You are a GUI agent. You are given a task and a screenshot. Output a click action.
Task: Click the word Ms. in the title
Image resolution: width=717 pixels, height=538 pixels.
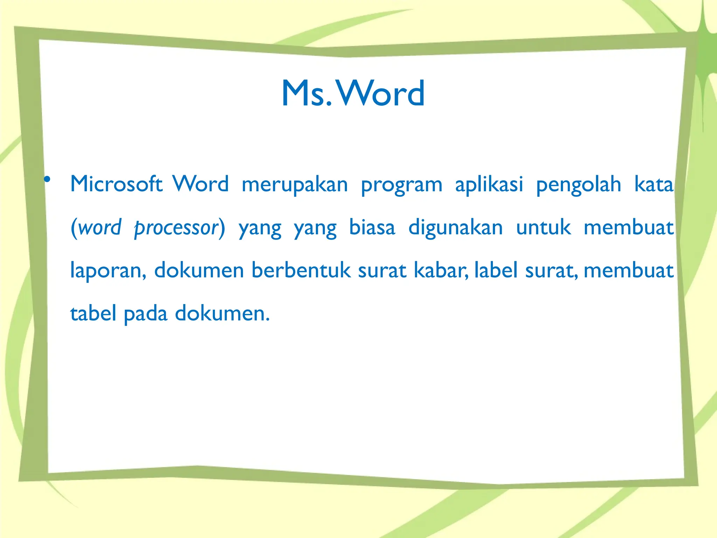click(307, 93)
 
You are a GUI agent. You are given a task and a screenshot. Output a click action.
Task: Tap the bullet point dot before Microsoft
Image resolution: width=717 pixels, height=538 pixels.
click(47, 180)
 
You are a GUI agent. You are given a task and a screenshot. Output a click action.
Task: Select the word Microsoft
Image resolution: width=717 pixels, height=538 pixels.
click(116, 184)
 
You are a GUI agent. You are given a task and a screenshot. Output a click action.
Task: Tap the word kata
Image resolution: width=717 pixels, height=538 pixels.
click(654, 184)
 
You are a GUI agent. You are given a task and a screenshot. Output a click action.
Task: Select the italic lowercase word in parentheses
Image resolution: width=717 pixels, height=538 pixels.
click(100, 228)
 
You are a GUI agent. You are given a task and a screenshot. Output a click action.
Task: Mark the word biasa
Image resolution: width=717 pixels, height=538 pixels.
click(372, 227)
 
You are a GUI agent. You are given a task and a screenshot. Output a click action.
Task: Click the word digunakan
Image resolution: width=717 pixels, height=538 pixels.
click(455, 228)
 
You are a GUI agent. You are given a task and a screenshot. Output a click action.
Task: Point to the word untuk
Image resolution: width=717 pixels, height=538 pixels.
click(543, 227)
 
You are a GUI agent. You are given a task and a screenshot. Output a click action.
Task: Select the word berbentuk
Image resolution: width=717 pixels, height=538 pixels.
click(301, 270)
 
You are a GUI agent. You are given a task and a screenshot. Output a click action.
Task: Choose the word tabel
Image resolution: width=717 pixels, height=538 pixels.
click(93, 313)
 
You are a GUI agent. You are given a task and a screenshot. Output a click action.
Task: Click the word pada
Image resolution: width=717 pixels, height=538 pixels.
click(146, 314)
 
